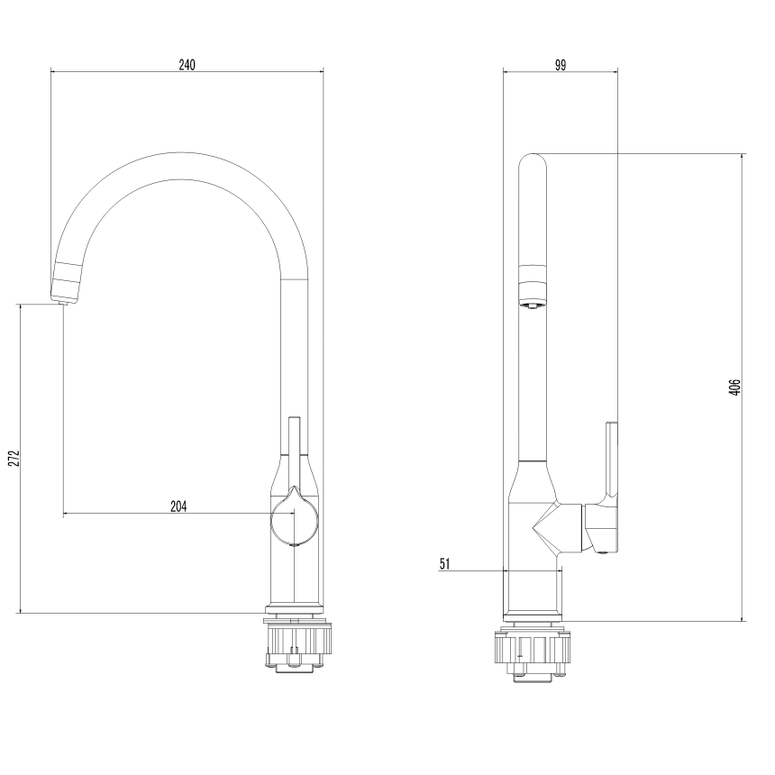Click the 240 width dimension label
pyautogui.click(x=187, y=65)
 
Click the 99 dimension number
pyautogui.click(x=560, y=65)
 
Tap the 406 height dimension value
pyautogui.click(x=734, y=387)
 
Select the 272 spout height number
pyautogui.click(x=14, y=458)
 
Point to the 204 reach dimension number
pyautogui.click(x=179, y=506)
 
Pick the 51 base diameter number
pyautogui.click(x=445, y=564)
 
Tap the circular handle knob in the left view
pyautogui.click(x=295, y=521)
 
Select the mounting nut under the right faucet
pyautogui.click(x=533, y=653)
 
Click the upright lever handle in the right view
pyautogui.click(x=612, y=460)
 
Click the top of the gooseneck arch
pyautogui.click(x=180, y=166)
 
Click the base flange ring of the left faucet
pyautogui.click(x=295, y=609)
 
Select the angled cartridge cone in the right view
pyautogui.click(x=557, y=528)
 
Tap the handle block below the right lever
pyautogui.click(x=601, y=529)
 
